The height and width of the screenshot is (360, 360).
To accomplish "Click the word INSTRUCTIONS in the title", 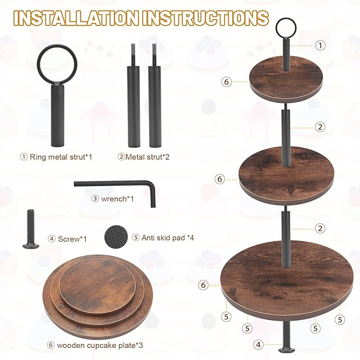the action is coord(205,18).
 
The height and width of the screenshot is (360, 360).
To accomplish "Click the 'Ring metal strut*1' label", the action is coord(56,157).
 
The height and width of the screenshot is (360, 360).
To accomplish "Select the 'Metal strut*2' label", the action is coord(144,157).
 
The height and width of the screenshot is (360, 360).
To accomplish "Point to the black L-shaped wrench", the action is coord(114,183).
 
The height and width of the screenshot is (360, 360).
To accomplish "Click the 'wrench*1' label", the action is coord(112,199).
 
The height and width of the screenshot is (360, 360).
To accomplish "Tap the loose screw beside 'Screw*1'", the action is coord(31,229).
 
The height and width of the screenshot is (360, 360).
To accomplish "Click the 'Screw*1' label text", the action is coord(67,239).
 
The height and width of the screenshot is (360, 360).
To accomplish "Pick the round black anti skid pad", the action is coord(116,236).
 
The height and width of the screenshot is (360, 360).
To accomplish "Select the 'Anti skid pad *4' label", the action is coord(163,238).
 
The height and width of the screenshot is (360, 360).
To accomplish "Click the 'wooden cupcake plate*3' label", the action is coord(95,345).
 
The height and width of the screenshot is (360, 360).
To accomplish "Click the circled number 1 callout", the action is coord(320,46).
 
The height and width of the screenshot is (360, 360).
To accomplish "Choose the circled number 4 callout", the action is coord(259,345).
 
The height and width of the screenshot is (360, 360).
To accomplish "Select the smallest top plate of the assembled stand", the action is coord(286,79).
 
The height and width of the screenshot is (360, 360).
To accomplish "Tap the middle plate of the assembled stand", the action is coord(286,175).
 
